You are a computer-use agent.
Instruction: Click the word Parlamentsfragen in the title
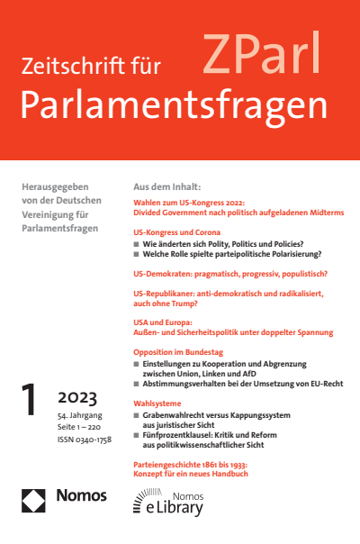coord(172,105)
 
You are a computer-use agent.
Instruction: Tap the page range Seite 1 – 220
coord(82,427)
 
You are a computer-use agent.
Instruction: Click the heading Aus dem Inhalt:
coord(166,185)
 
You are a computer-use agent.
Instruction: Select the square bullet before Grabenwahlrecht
coord(136,418)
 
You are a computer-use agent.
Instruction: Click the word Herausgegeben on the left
coord(51,185)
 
